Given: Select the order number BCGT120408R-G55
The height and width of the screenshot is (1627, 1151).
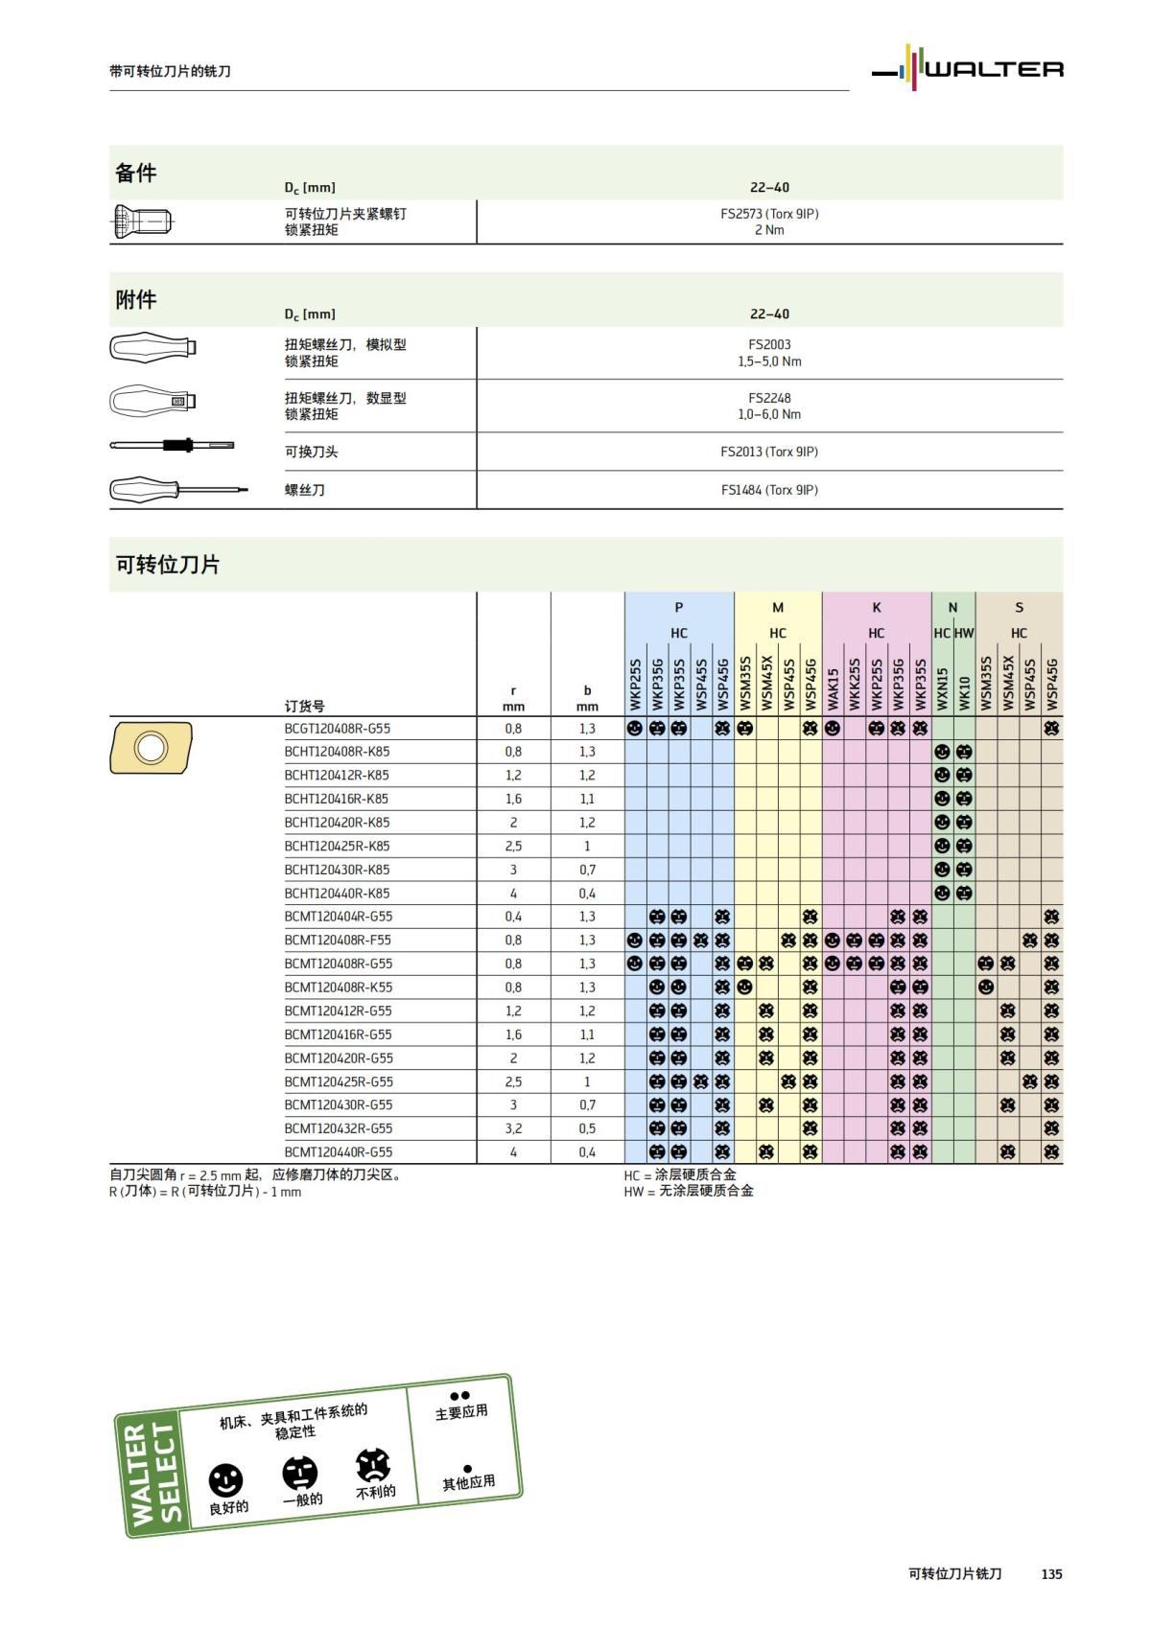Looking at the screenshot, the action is click(337, 729).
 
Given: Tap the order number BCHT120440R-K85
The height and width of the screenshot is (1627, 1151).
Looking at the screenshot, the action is click(337, 894).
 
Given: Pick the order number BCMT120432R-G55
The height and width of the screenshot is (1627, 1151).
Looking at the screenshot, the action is click(338, 1128).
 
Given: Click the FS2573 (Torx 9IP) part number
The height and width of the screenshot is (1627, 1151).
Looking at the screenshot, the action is click(769, 214).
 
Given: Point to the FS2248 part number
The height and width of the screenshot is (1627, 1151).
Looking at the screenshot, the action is click(769, 398).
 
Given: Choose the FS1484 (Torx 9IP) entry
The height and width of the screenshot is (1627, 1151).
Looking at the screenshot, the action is click(769, 490).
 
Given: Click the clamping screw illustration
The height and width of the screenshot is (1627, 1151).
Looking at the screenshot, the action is click(143, 222).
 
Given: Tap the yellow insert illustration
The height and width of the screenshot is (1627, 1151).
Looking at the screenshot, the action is click(151, 748).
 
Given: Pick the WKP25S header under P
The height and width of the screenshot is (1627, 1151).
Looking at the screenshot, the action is click(635, 685).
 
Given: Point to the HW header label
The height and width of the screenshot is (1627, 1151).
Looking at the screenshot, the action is click(964, 633).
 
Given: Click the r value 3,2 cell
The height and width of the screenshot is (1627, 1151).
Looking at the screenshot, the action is click(513, 1128).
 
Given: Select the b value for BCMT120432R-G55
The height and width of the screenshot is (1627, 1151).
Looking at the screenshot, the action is click(587, 1128).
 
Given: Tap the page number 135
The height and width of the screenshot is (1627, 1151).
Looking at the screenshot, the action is click(1051, 1573).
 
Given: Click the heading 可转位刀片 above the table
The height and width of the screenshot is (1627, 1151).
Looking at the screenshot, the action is click(168, 565).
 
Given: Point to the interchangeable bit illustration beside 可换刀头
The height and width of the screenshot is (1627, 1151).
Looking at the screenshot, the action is click(173, 446).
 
